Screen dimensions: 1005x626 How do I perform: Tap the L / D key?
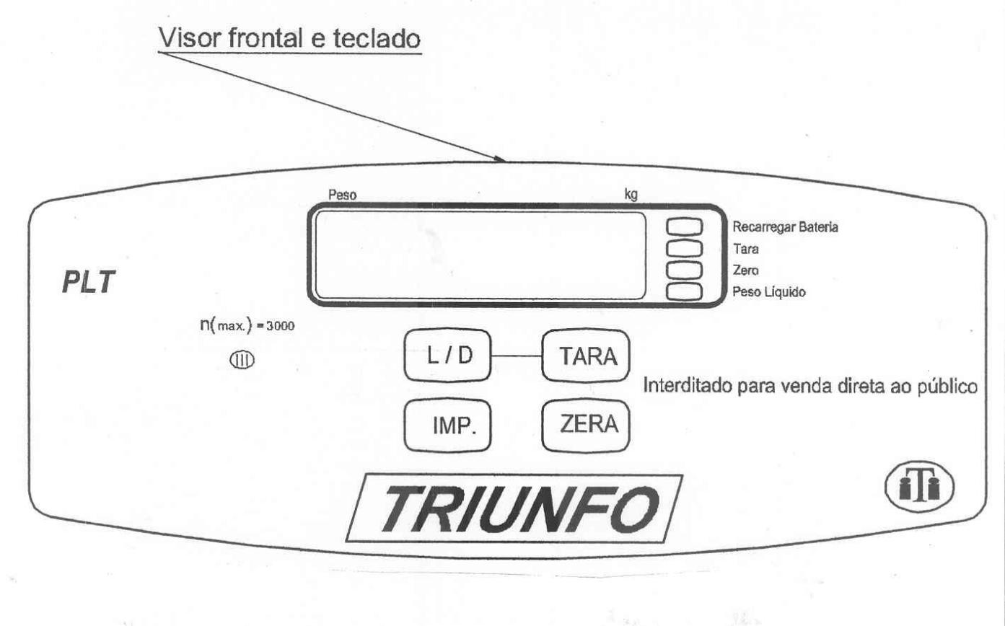point(447,356)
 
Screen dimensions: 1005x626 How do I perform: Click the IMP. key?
point(447,425)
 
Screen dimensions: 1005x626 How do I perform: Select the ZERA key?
point(586,425)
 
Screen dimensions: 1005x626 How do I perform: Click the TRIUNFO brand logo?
point(514,508)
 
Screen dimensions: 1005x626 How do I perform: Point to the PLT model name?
point(89,282)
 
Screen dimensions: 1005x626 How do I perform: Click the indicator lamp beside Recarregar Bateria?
point(684,226)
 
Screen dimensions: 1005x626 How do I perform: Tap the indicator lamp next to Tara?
point(684,248)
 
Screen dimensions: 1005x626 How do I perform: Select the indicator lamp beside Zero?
point(684,270)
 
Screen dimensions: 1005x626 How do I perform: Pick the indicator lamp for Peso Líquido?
point(684,291)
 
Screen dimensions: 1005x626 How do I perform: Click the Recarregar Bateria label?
point(785,227)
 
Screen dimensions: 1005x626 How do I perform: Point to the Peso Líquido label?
point(769,292)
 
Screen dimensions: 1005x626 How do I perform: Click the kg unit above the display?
point(631,195)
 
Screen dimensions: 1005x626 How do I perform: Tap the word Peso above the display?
point(342,195)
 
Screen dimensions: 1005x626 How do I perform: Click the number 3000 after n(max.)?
point(281,326)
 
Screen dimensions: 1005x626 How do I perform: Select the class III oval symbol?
point(242,360)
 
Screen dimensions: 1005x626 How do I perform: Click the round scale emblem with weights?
point(919,487)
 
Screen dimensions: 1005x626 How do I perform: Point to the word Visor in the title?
point(189,38)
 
